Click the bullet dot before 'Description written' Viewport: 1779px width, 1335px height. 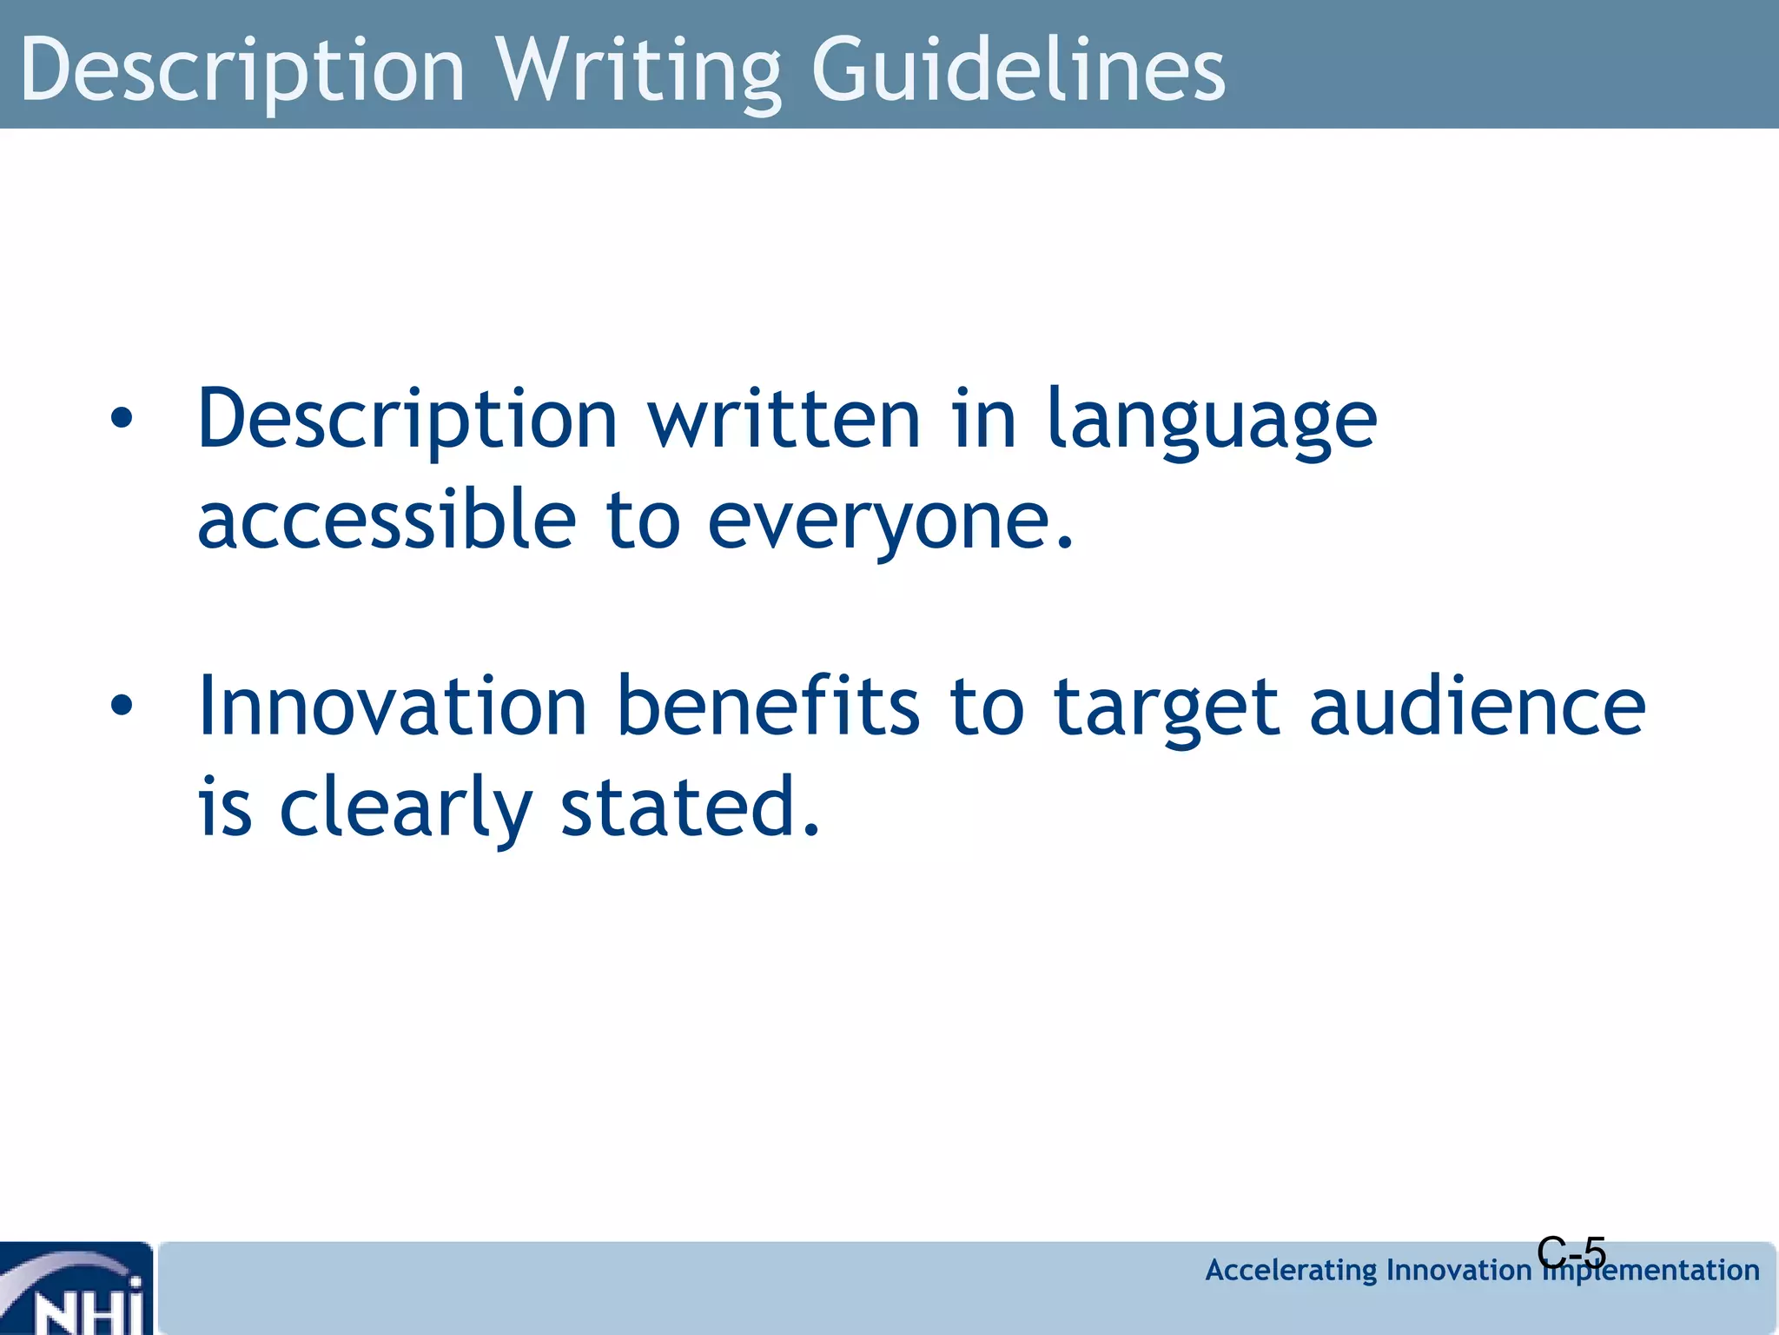[122, 419]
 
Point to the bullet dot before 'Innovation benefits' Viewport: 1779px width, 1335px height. [122, 706]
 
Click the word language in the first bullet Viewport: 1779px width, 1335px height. [1212, 421]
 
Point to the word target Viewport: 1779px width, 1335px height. [1166, 708]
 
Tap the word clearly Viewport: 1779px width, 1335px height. [406, 808]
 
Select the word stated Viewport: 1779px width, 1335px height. [691, 807]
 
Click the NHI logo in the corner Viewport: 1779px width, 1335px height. [76, 1288]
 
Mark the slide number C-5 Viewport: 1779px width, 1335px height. [1571, 1252]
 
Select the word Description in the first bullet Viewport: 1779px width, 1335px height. [407, 421]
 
